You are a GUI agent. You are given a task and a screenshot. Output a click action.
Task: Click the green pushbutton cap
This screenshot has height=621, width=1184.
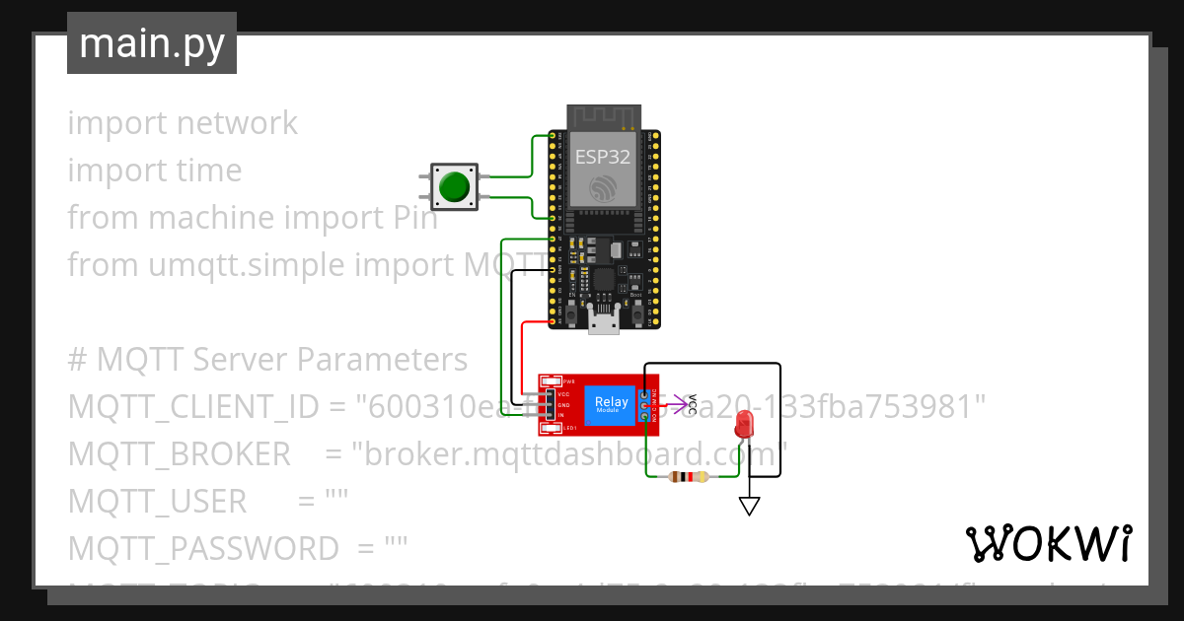click(454, 186)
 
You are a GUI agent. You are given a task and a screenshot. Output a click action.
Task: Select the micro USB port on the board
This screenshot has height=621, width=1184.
click(604, 319)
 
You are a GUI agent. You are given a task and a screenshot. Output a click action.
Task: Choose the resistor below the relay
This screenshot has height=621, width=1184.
click(688, 477)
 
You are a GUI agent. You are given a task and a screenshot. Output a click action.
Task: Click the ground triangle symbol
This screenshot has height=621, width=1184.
click(750, 506)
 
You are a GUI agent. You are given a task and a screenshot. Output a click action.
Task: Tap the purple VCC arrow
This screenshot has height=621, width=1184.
click(677, 403)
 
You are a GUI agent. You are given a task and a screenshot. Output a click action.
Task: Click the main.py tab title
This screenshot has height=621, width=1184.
click(151, 43)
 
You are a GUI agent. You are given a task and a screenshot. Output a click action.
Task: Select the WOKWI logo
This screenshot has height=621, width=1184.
click(1048, 543)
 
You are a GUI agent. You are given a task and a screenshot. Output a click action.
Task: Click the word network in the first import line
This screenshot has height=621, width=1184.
click(237, 123)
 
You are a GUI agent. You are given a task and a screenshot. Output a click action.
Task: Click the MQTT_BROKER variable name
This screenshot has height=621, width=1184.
click(179, 454)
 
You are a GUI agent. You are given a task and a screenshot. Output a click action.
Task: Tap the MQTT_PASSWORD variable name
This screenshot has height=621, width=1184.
click(202, 549)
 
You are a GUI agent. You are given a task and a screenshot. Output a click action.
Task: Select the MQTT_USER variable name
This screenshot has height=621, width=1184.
click(157, 502)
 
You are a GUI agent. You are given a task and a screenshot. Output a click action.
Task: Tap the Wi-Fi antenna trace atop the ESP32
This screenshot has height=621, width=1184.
click(604, 116)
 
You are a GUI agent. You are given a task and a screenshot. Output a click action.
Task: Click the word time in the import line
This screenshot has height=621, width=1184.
click(208, 171)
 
